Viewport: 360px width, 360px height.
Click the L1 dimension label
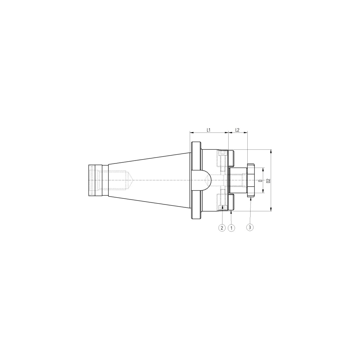[x=208, y=130]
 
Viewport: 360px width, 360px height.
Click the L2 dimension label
[x=237, y=130]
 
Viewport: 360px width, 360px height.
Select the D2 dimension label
[x=269, y=180]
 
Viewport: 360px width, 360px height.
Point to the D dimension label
[x=260, y=180]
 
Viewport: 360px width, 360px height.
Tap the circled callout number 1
[x=231, y=228]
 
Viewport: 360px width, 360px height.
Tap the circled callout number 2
[x=222, y=228]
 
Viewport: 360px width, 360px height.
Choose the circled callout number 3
[x=250, y=227]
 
